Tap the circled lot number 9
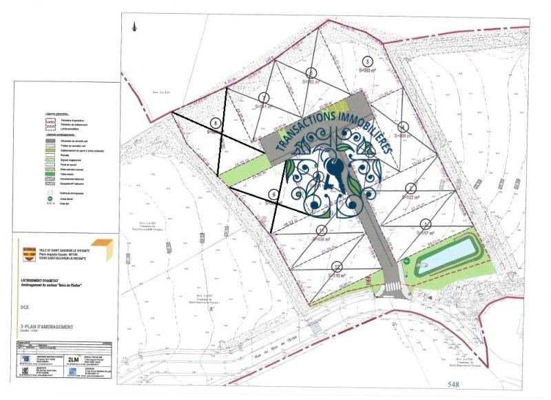click(274, 195)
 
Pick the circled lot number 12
click(337, 266)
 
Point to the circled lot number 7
click(264, 97)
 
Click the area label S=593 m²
click(369, 70)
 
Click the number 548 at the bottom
click(453, 383)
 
